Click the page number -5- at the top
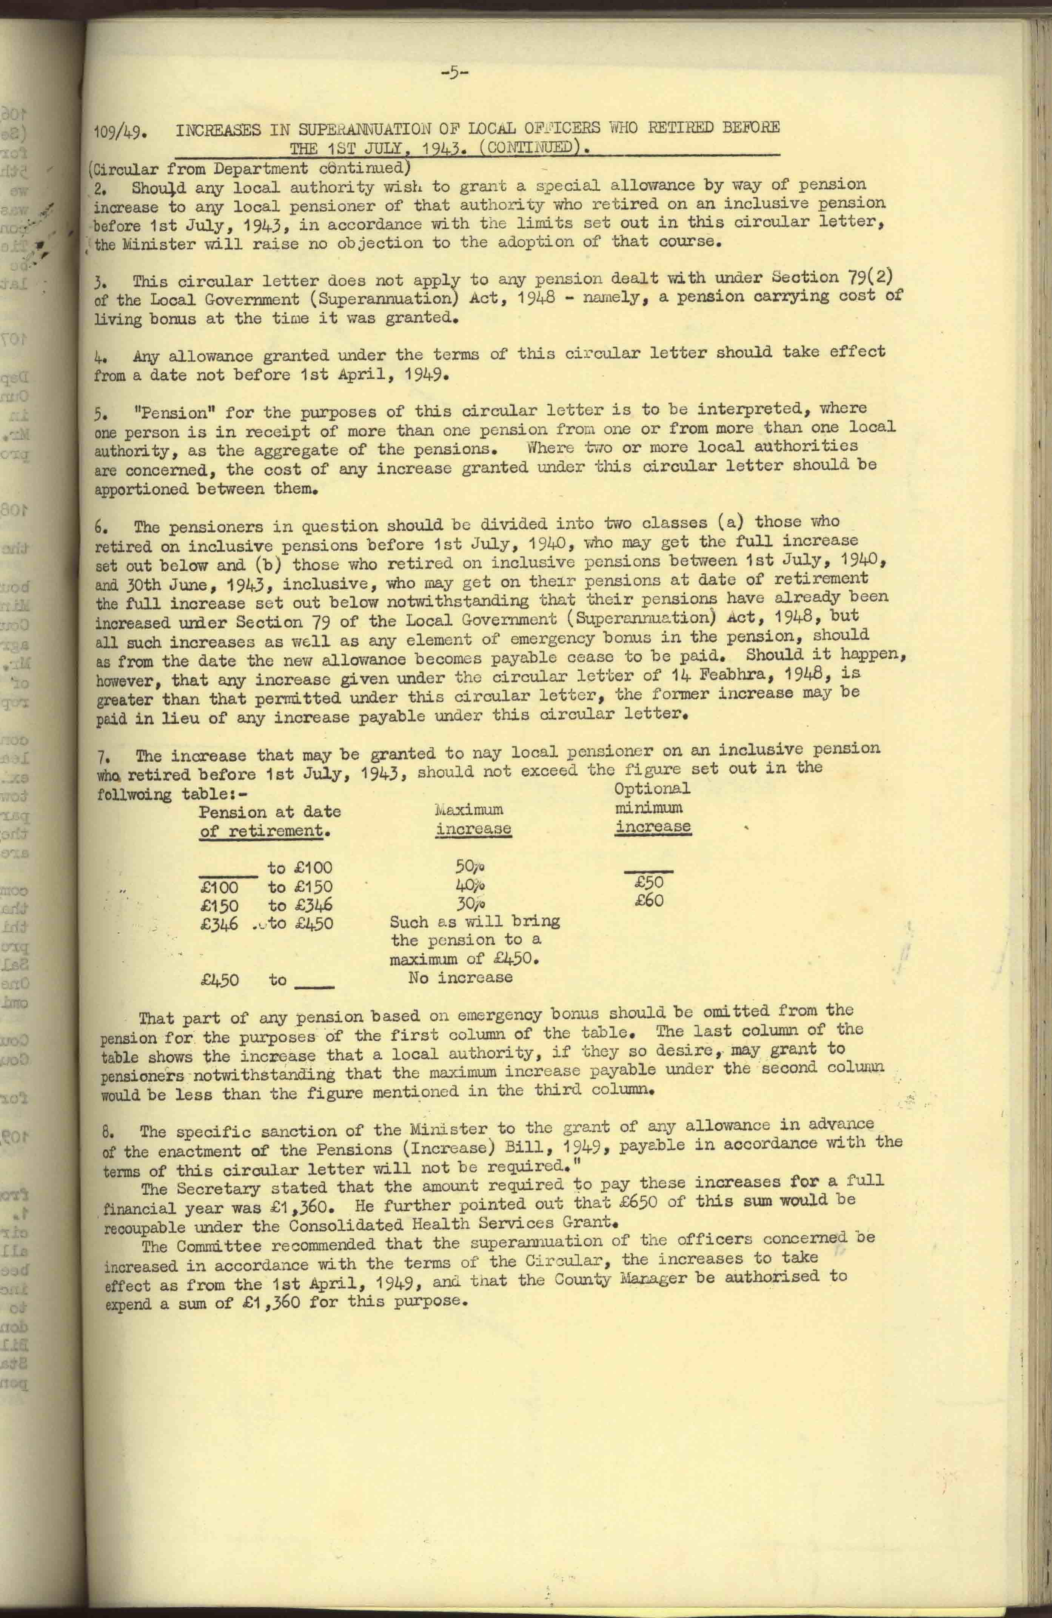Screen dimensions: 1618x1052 tap(455, 74)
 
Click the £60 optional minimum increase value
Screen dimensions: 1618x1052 tap(649, 901)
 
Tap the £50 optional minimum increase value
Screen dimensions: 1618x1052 tap(649, 882)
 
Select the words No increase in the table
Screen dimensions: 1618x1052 tap(461, 978)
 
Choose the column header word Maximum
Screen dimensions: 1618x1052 tap(469, 809)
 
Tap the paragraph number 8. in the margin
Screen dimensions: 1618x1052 tap(108, 1132)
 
